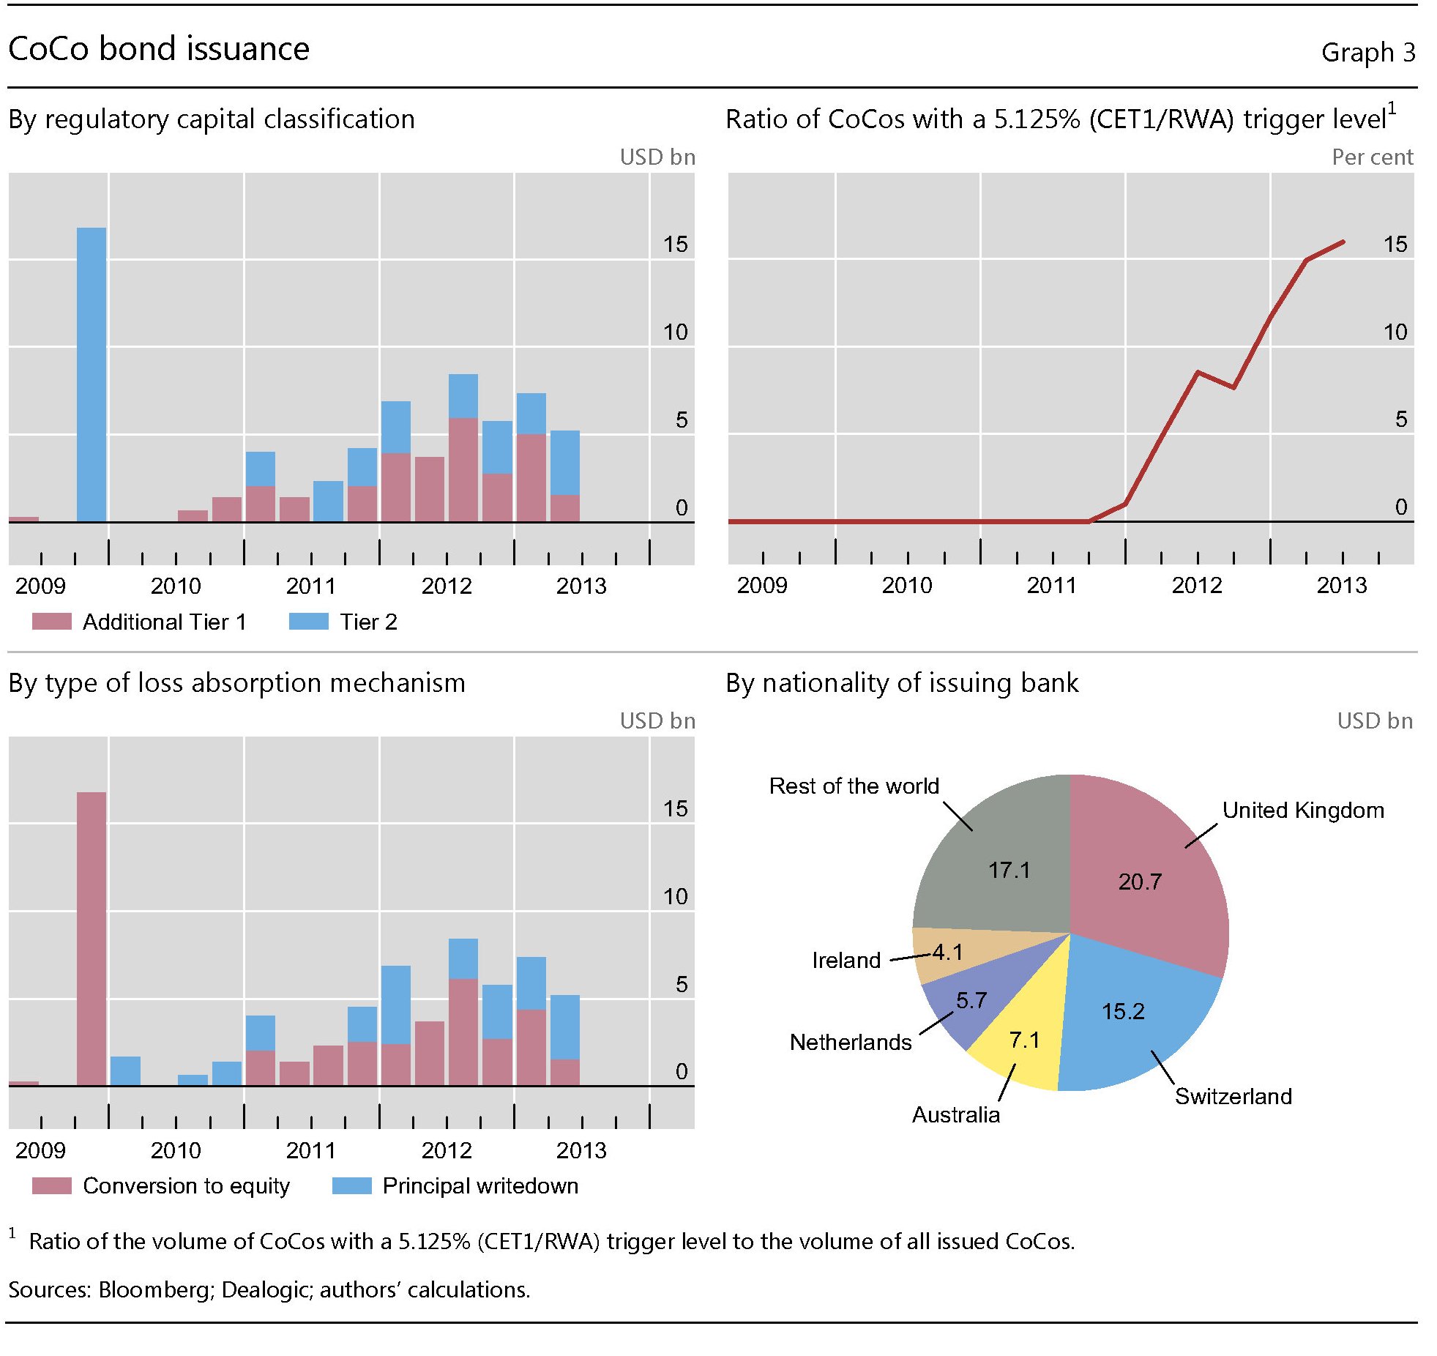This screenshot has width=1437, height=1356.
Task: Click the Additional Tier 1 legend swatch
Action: tap(52, 622)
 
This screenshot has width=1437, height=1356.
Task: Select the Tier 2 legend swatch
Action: tap(308, 622)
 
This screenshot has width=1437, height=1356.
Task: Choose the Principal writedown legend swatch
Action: tap(351, 1185)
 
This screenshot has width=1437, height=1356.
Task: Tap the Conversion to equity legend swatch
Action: tap(52, 1185)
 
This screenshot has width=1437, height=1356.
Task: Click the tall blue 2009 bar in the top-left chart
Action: tap(92, 373)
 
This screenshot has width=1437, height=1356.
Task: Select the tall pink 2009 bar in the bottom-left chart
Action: tap(92, 937)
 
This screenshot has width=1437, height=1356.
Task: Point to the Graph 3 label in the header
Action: tap(1367, 52)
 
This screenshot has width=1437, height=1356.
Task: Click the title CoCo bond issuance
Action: tap(159, 49)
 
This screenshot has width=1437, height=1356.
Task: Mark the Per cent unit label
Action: tap(1372, 157)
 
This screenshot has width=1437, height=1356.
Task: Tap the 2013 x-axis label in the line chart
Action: tap(1341, 585)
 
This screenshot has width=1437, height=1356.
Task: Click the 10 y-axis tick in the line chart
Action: tap(1395, 332)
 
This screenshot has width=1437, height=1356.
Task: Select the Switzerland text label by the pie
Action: tap(1233, 1096)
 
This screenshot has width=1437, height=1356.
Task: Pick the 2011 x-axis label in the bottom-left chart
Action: tap(310, 1150)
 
